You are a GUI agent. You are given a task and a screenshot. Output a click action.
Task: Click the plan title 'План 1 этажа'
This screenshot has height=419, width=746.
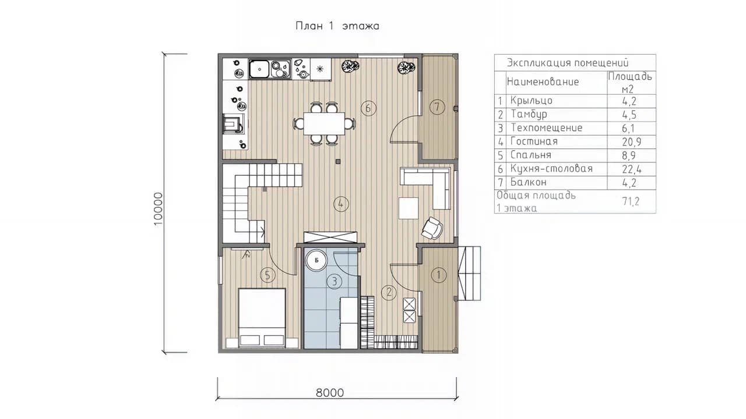pyautogui.click(x=337, y=26)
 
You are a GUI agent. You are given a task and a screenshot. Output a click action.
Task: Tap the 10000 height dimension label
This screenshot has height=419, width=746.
pyautogui.click(x=158, y=209)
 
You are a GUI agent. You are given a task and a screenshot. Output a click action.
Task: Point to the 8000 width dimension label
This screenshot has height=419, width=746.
pyautogui.click(x=330, y=393)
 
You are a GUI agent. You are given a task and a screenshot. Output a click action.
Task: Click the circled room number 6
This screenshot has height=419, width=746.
pyautogui.click(x=368, y=108)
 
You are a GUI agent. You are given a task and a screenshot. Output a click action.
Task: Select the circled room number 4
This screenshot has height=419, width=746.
pyautogui.click(x=341, y=204)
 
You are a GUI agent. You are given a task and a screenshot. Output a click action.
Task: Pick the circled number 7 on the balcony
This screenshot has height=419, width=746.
pyautogui.click(x=437, y=107)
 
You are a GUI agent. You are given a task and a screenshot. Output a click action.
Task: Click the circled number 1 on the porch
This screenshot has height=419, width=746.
pyautogui.click(x=439, y=275)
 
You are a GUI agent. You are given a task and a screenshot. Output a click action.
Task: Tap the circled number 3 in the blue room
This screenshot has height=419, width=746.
pyautogui.click(x=335, y=282)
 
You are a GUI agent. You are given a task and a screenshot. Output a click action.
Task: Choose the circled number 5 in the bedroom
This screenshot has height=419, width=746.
pyautogui.click(x=268, y=275)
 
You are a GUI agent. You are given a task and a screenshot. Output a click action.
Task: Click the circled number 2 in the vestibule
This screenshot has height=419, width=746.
pyautogui.click(x=389, y=293)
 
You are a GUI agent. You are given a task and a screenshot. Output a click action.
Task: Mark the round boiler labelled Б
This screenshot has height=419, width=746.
pyautogui.click(x=316, y=260)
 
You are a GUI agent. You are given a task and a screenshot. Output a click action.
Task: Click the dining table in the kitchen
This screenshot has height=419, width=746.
pyautogui.click(x=324, y=124)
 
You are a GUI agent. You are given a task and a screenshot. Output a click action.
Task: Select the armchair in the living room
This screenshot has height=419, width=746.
pyautogui.click(x=432, y=228)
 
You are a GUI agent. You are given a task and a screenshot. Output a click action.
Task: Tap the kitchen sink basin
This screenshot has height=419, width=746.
pyautogui.click(x=259, y=69)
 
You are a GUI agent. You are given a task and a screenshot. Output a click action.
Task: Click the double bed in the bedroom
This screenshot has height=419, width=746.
pyautogui.click(x=262, y=318)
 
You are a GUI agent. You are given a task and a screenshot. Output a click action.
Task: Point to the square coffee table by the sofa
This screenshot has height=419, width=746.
pyautogui.click(x=409, y=208)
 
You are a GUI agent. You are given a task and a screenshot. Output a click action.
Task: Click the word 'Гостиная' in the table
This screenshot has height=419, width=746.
pyautogui.click(x=534, y=141)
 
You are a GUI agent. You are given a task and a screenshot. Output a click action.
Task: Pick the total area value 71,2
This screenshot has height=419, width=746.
pyautogui.click(x=631, y=201)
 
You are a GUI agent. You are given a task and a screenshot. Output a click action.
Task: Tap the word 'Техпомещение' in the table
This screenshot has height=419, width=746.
pyautogui.click(x=547, y=128)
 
